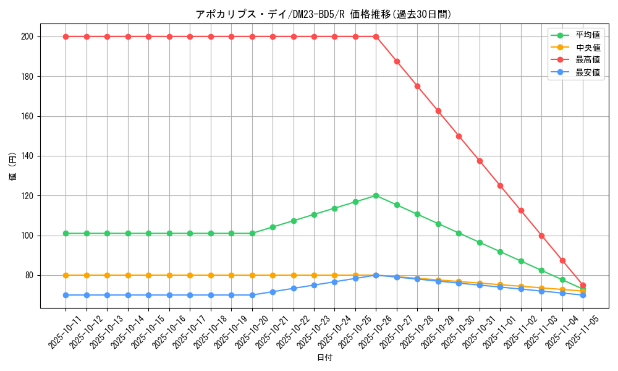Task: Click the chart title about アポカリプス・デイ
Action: pyautogui.click(x=323, y=14)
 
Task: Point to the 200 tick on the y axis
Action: pyautogui.click(x=28, y=36)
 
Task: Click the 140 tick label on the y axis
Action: pyautogui.click(x=28, y=156)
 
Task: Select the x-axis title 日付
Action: pyautogui.click(x=324, y=358)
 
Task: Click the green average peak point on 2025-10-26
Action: pyautogui.click(x=376, y=195)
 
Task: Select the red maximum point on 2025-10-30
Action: pyautogui.click(x=459, y=136)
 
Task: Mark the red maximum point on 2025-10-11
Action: pyautogui.click(x=66, y=36)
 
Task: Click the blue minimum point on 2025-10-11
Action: pyautogui.click(x=66, y=295)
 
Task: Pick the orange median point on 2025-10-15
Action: pyautogui.click(x=148, y=275)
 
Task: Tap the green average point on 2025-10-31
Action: pyautogui.click(x=480, y=242)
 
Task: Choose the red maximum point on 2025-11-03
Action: pyautogui.click(x=541, y=236)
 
